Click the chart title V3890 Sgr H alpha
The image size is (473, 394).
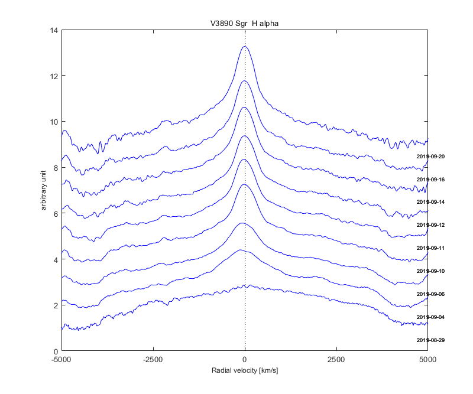244,23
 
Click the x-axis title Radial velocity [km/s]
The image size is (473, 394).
244,371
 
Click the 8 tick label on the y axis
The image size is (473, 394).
56,168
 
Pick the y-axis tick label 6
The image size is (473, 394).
56,214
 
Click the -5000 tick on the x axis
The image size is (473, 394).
61,359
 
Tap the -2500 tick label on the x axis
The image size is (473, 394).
153,359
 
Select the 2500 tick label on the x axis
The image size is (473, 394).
336,359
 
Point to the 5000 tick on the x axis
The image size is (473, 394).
427,359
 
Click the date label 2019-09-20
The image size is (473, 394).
430,157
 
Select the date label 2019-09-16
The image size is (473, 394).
430,179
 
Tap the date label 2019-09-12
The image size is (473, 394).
430,225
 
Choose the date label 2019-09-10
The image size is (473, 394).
430,271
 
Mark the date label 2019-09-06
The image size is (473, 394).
430,294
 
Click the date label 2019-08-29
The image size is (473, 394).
430,340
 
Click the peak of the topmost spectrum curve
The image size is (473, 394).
244,46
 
